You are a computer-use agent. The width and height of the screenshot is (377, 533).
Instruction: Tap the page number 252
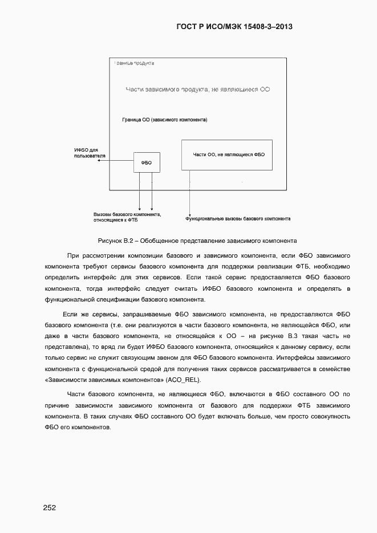coord(50,507)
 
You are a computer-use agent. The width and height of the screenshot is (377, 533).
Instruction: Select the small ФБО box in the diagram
coord(147,162)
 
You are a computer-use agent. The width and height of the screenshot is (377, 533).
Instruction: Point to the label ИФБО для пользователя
coord(86,153)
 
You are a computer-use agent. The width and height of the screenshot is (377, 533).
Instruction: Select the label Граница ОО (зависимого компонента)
coord(164,120)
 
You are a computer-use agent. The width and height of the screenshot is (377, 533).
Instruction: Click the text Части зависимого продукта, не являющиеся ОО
coord(197,89)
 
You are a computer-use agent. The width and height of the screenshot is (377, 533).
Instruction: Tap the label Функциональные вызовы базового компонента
coord(238,218)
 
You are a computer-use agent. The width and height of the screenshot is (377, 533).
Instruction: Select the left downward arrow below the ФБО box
coord(140,191)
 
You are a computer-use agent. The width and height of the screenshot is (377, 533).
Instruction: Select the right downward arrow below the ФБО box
coord(152,191)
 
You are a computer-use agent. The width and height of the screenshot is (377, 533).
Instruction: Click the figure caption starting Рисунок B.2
coord(197,240)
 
